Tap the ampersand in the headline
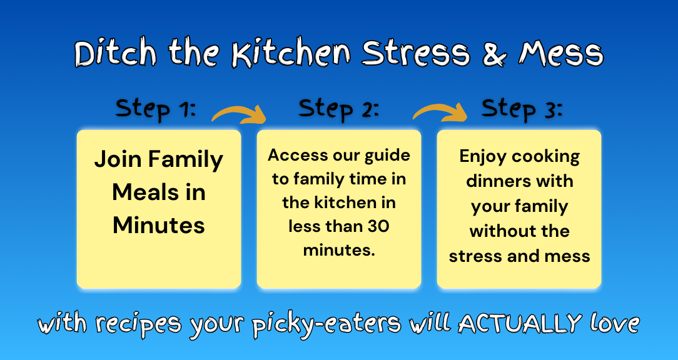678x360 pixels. point(498,54)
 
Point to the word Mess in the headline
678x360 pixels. point(561,54)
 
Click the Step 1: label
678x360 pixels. point(156,109)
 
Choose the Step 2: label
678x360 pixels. point(338,109)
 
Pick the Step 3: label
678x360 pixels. point(522,109)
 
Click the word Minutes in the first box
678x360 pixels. point(159,225)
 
